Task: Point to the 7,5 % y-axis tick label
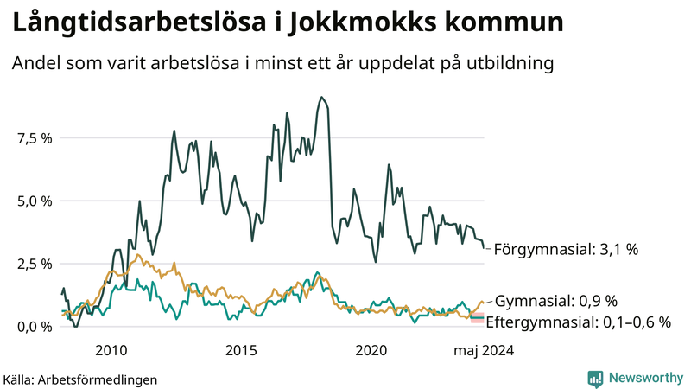pos(35,138)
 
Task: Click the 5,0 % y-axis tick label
pos(35,201)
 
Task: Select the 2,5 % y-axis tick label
pos(35,264)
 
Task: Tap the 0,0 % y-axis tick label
pos(35,326)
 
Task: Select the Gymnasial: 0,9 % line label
pos(556,301)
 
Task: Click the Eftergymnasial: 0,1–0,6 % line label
pos(579,322)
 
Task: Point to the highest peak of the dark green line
pos(321,97)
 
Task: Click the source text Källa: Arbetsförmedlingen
pos(80,379)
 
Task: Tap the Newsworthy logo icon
pos(595,378)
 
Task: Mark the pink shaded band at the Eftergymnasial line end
pos(476,319)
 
